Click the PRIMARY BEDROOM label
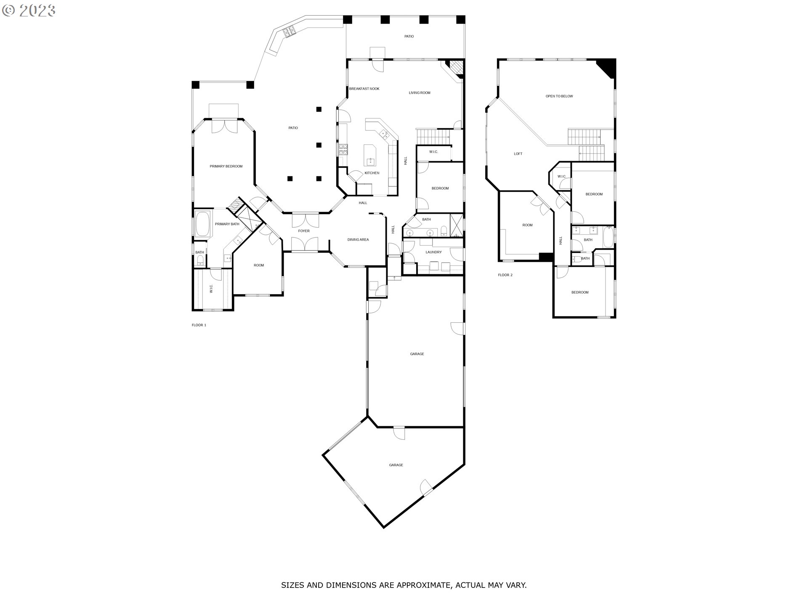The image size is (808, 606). click(226, 166)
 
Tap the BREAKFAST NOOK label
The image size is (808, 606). click(364, 89)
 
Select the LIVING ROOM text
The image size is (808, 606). click(420, 93)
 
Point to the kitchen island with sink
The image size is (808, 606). click(370, 156)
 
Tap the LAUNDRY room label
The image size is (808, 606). click(433, 252)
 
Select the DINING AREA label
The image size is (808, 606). click(358, 239)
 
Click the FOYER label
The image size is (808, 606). click(303, 231)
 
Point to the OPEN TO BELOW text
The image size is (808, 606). click(559, 96)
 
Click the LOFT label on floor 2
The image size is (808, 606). click(518, 154)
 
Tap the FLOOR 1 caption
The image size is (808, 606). click(199, 325)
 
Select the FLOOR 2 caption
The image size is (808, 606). click(505, 275)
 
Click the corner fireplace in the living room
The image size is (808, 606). click(456, 67)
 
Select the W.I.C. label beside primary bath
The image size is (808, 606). click(211, 288)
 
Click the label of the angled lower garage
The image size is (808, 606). click(396, 465)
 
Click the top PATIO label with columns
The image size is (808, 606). click(409, 37)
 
